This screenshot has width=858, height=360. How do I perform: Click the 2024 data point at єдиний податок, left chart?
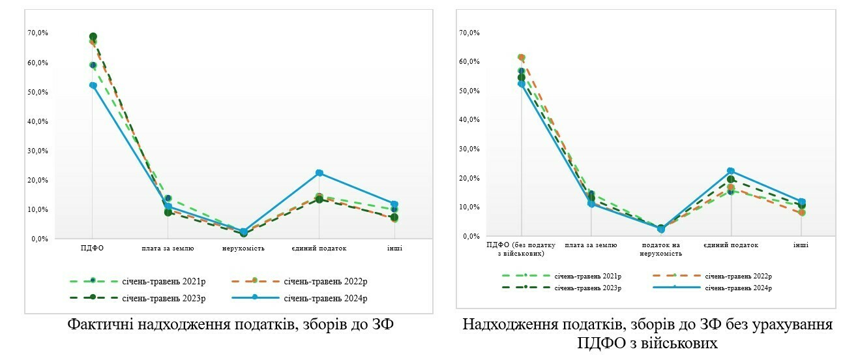[x=319, y=173]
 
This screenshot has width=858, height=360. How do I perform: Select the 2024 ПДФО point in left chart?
[x=93, y=85]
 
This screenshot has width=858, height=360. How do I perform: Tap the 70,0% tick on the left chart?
[x=37, y=33]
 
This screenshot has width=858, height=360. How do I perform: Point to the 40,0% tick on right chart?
[x=469, y=120]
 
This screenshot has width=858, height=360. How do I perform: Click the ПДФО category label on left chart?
[x=92, y=248]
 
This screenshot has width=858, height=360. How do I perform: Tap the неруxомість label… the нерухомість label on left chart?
[x=243, y=248]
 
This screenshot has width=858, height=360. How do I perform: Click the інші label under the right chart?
[x=801, y=245]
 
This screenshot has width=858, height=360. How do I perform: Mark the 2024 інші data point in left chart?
[x=394, y=205]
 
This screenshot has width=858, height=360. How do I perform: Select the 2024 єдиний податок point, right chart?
[x=731, y=171]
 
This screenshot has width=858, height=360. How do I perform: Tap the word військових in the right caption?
[x=678, y=342]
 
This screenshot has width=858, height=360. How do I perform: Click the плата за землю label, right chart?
[x=591, y=245]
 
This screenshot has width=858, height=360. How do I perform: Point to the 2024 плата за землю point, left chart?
[x=168, y=206]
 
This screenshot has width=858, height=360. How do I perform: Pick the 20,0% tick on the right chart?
[x=469, y=178]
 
